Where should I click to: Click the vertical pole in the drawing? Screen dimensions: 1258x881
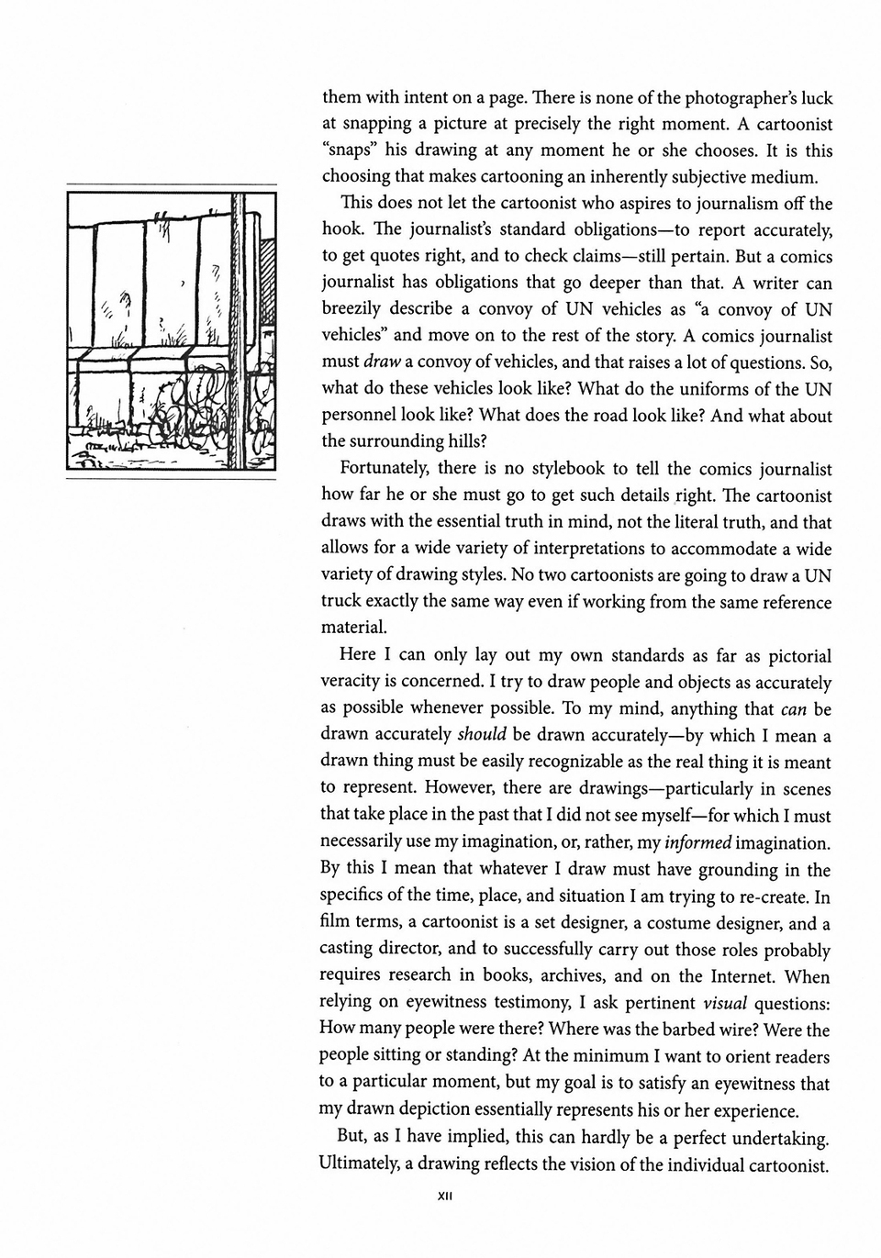(x=235, y=330)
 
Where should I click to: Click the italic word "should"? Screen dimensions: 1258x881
(x=481, y=735)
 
